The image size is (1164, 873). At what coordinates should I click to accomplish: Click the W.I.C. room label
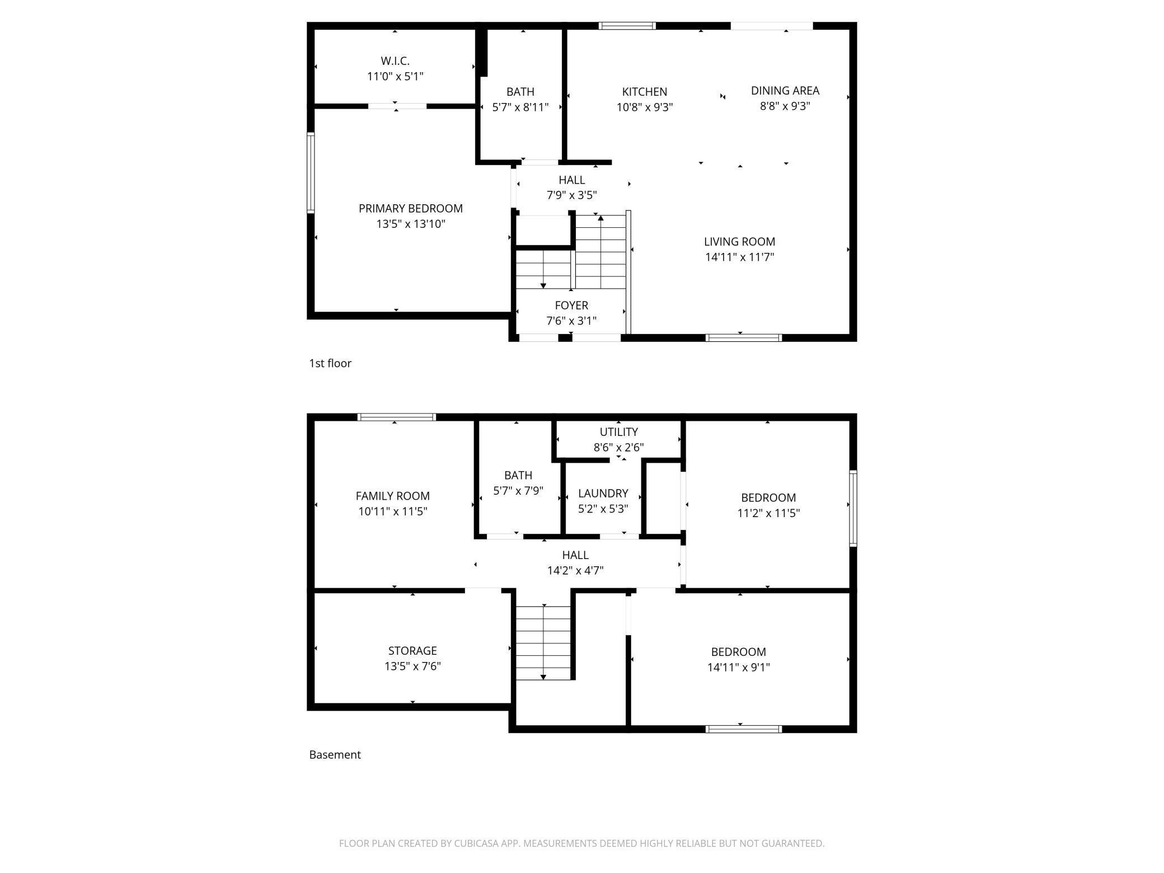395,60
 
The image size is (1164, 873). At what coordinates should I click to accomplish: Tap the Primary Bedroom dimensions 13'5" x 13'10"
411,224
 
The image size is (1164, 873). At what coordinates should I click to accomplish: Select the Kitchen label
645,92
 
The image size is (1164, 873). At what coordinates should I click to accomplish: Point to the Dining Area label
785,91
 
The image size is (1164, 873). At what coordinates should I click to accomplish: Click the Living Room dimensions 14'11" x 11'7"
739,257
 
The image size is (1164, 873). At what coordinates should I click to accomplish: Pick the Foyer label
571,306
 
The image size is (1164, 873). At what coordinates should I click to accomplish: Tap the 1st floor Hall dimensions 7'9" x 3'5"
571,195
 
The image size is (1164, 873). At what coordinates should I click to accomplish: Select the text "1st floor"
330,363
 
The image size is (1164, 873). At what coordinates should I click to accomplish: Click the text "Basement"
335,754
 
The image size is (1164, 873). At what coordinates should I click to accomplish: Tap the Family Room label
393,496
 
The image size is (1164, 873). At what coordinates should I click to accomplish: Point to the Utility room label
618,432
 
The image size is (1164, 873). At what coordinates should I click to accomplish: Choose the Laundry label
603,494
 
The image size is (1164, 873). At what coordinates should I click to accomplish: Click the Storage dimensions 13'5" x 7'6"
412,667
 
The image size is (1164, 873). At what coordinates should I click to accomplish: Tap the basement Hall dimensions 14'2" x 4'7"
575,571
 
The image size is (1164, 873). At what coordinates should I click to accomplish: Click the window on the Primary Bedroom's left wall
311,173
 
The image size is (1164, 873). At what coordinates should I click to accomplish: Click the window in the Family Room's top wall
396,417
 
